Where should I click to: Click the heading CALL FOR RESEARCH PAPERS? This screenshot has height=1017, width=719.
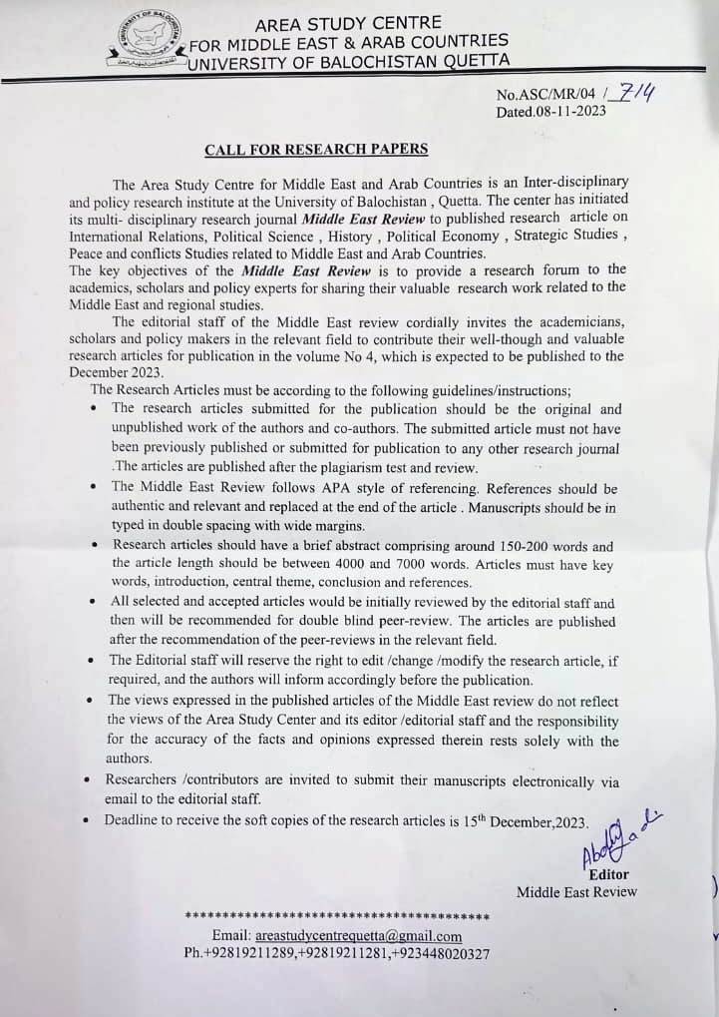[x=316, y=150]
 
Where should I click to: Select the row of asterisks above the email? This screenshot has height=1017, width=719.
[x=337, y=916]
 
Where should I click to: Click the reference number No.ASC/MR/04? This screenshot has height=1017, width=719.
[x=549, y=96]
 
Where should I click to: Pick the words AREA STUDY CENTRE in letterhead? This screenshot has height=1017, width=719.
[x=348, y=22]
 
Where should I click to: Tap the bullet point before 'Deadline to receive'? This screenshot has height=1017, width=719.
[x=91, y=822]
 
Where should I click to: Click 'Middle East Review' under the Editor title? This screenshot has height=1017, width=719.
[x=575, y=891]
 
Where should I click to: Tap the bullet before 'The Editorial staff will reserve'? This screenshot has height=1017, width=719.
[x=92, y=662]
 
